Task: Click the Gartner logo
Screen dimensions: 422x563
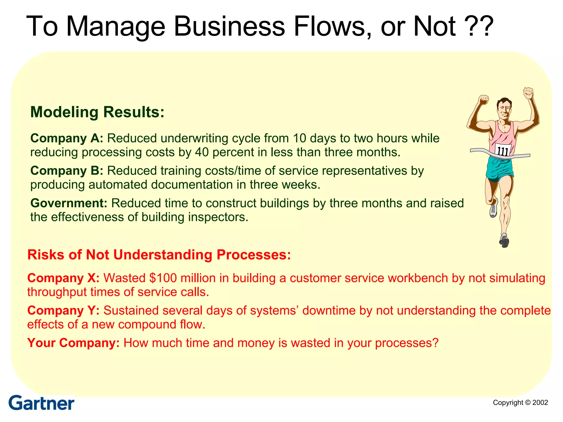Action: click(x=41, y=403)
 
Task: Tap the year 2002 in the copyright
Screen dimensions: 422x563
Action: click(x=540, y=402)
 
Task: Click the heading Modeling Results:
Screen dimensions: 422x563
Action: click(x=97, y=112)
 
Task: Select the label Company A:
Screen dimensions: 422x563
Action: click(x=67, y=138)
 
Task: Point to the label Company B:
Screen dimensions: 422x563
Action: click(x=67, y=171)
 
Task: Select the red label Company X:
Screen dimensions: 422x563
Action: click(x=63, y=278)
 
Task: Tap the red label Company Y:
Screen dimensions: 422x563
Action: click(x=63, y=310)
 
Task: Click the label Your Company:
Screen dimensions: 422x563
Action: click(x=73, y=343)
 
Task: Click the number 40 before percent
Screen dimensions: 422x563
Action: click(x=202, y=152)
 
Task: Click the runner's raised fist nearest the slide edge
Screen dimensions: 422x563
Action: click(x=528, y=93)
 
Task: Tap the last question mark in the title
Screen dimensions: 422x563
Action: click(x=485, y=26)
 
